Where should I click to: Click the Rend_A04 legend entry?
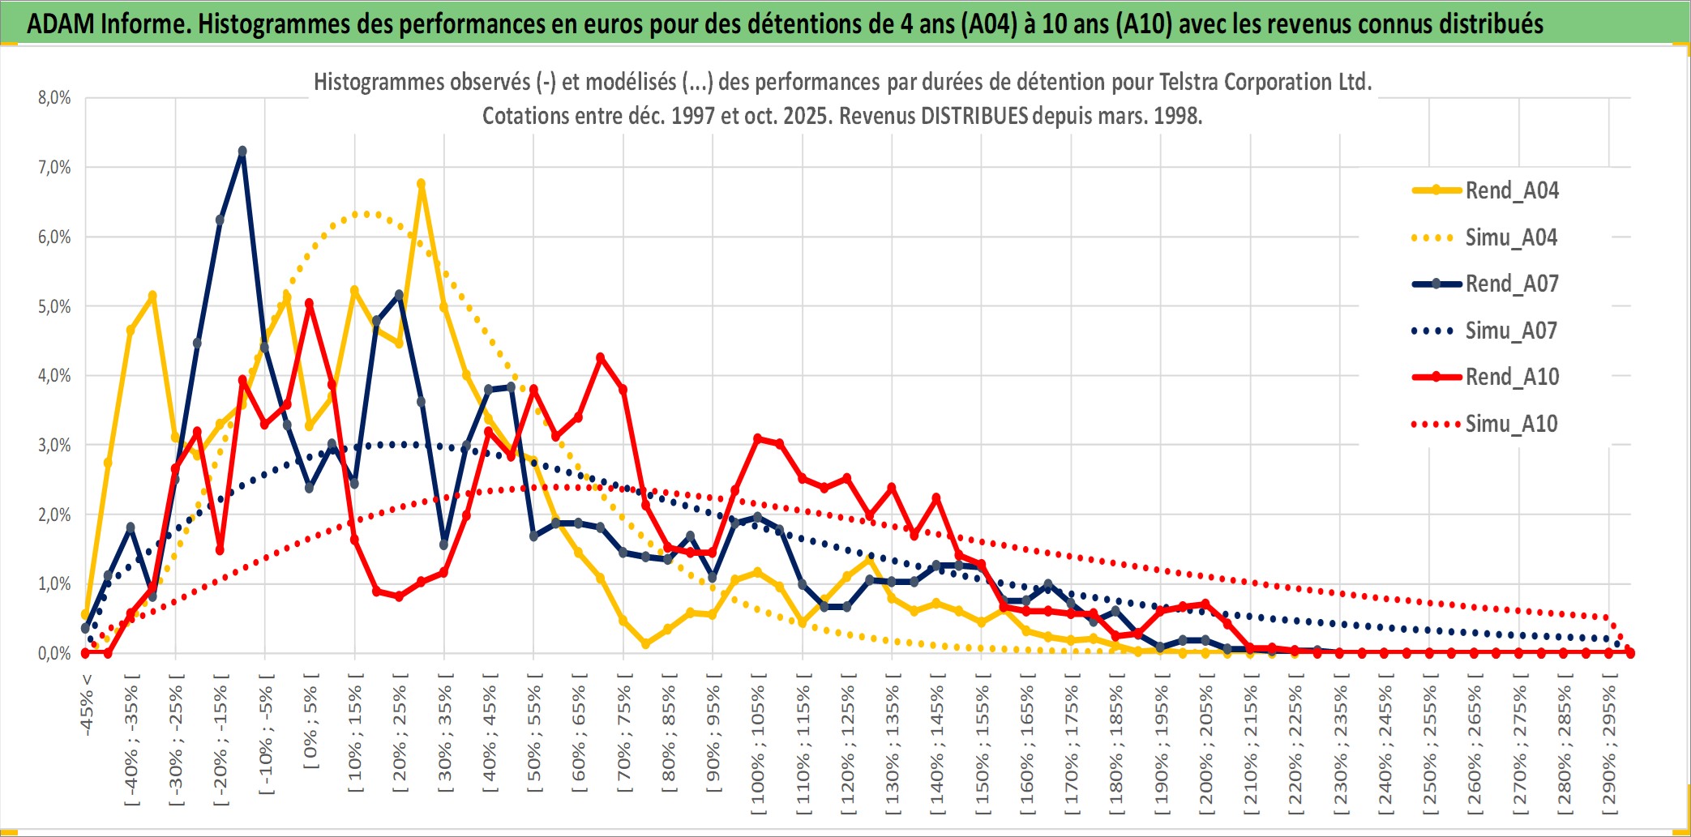1511,190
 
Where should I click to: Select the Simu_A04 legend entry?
1511,237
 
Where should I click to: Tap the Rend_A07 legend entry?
1511,284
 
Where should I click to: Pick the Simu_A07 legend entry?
1511,331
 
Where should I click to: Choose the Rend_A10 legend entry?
1511,377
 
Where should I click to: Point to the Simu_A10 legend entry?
1511,424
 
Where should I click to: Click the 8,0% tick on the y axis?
54,98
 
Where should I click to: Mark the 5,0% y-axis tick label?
54,306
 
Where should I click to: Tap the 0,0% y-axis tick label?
54,653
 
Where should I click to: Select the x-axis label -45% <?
87,705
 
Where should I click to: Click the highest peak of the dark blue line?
242,152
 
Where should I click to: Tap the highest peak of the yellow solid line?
421,184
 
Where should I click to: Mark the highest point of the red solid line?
309,304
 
